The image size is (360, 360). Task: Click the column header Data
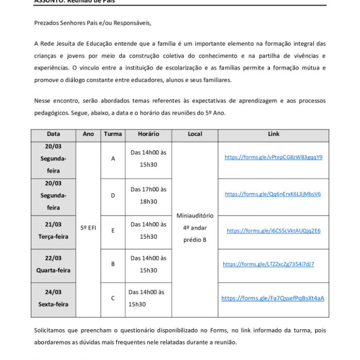pyautogui.click(x=53, y=134)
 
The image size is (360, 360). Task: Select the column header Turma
pyautogui.click(x=113, y=134)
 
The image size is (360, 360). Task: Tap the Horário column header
pyautogui.click(x=148, y=134)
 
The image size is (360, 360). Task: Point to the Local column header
pyautogui.click(x=195, y=134)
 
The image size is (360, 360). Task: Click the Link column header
pyautogui.click(x=274, y=134)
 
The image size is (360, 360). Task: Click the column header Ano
pyautogui.click(x=88, y=134)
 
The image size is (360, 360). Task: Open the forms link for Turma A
pyautogui.click(x=274, y=157)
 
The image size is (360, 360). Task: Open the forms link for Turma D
pyautogui.click(x=273, y=194)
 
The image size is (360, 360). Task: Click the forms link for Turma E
pyautogui.click(x=274, y=231)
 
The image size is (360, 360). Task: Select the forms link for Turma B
pyautogui.click(x=268, y=264)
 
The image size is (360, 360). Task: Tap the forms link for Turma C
pyautogui.click(x=273, y=298)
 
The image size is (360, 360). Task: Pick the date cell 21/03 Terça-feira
pyautogui.click(x=53, y=230)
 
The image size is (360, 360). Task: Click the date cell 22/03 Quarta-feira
pyautogui.click(x=53, y=264)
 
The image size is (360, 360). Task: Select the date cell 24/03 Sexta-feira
pyautogui.click(x=53, y=298)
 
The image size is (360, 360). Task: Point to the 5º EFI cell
pyautogui.click(x=88, y=227)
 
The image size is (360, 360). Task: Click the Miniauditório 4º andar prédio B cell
pyautogui.click(x=195, y=227)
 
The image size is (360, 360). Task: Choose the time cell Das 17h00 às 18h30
pyautogui.click(x=148, y=195)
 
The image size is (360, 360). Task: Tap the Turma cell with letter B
pyautogui.click(x=113, y=264)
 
